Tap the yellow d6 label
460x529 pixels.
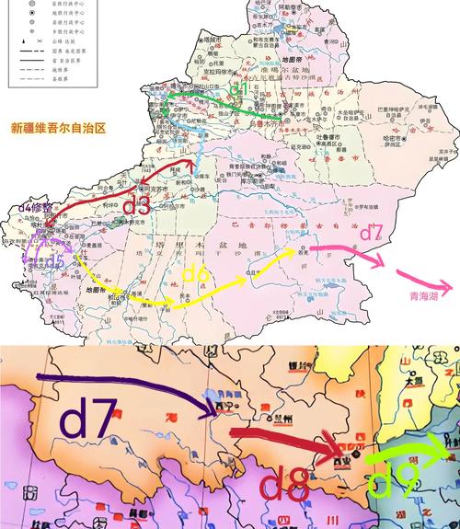click(197, 273)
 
